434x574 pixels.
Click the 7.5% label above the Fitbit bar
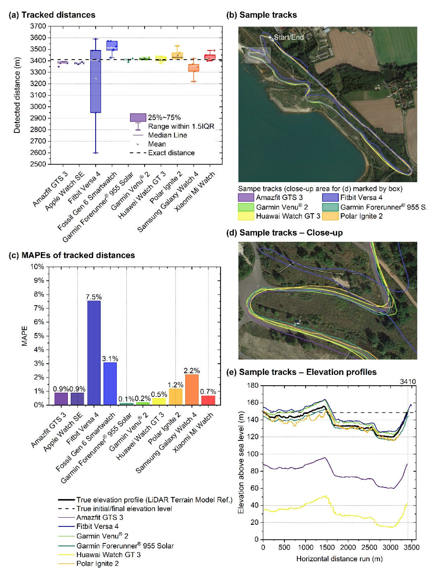94,297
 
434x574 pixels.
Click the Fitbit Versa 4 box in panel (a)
96,81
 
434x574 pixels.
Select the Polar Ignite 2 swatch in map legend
330,216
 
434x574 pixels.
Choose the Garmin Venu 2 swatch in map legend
246,207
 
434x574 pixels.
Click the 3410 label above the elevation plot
408,381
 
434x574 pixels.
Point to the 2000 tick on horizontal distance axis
348,547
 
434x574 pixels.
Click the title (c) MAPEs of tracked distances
72,255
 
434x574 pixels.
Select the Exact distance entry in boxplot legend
171,153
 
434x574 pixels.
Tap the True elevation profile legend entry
154,500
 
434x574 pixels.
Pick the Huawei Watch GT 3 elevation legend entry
108,555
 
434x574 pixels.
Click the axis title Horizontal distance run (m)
339,559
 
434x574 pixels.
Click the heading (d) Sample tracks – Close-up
285,232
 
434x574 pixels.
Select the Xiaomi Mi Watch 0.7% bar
208,400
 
